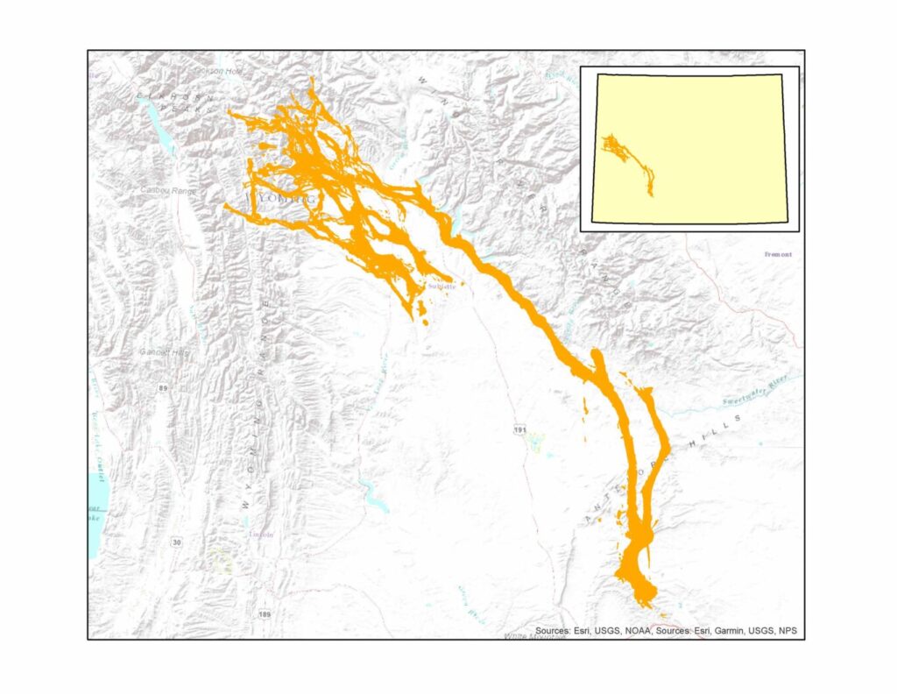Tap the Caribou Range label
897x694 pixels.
(x=169, y=189)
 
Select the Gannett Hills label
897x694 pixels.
(x=164, y=351)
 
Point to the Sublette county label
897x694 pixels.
(x=441, y=287)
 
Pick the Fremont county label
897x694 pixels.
(x=777, y=254)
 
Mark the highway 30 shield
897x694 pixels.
(x=178, y=543)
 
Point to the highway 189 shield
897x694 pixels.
(x=265, y=614)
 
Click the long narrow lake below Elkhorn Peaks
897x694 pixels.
(x=161, y=131)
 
